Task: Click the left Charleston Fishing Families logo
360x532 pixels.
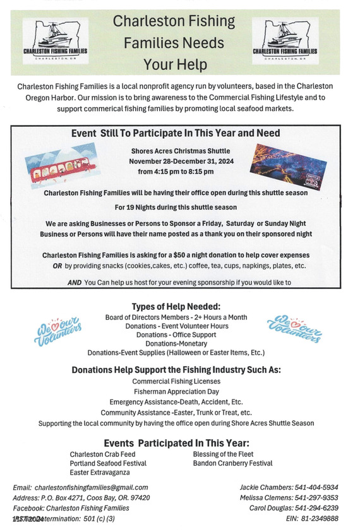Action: pyautogui.click(x=54, y=39)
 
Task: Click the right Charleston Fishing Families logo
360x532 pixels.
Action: pyautogui.click(x=284, y=39)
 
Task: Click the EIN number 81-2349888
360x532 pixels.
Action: pyautogui.click(x=324, y=518)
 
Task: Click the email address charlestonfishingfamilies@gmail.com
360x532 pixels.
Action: pyautogui.click(x=92, y=487)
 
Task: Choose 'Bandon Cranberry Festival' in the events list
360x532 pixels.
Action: pyautogui.click(x=232, y=463)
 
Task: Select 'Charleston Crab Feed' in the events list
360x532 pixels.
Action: pyautogui.click(x=102, y=454)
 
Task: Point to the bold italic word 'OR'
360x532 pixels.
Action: pyautogui.click(x=57, y=266)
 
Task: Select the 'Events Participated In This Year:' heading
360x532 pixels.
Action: pyautogui.click(x=176, y=442)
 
